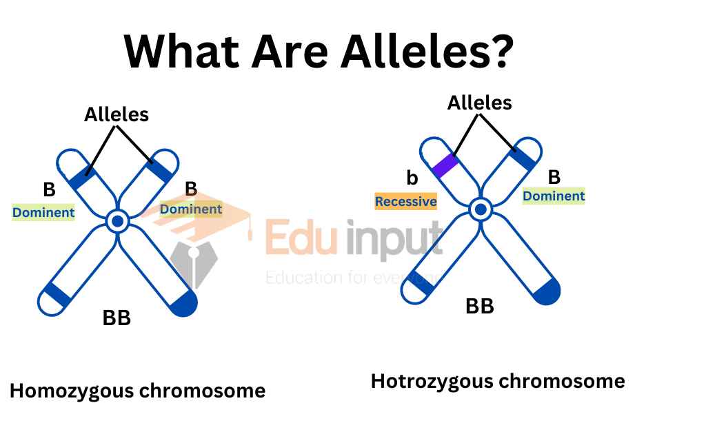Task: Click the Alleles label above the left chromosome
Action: pos(117,114)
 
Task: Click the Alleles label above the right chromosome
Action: pos(480,103)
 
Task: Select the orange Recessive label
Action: pos(405,201)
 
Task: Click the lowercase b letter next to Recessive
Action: pos(412,178)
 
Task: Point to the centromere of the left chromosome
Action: pos(118,221)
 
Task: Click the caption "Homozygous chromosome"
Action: pos(137,391)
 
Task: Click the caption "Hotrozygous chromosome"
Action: pos(498,380)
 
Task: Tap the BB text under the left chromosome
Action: pos(117,318)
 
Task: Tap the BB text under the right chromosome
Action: pos(480,306)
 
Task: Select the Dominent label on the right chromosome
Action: pos(554,196)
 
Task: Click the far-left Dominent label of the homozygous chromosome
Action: pos(43,212)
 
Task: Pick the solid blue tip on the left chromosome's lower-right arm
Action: pos(184,304)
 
